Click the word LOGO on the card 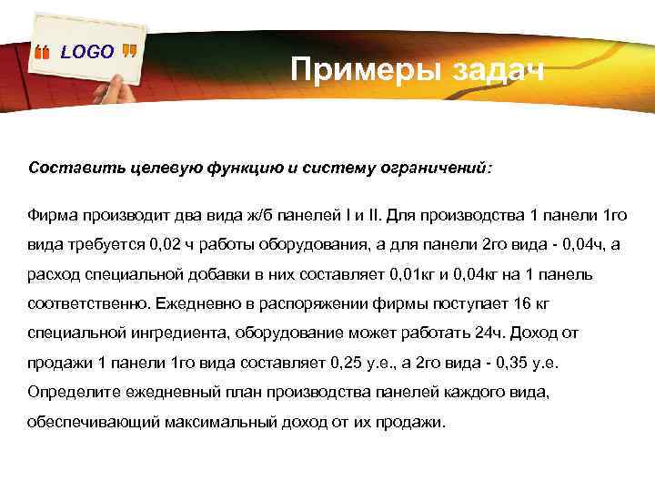tap(87, 52)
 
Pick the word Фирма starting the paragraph tap(54, 215)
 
